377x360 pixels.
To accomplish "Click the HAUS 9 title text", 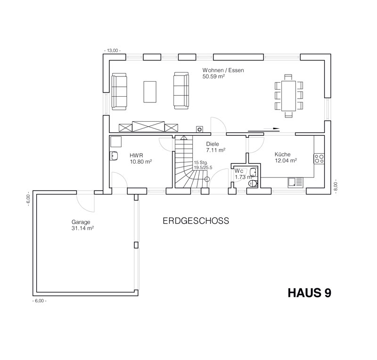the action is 310,293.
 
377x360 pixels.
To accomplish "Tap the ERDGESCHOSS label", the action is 196,221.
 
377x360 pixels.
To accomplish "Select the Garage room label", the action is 81,222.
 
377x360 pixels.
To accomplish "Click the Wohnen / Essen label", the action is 223,70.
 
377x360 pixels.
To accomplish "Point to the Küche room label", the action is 282,154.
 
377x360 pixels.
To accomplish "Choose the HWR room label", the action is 136,156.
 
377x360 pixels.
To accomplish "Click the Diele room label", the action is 213,144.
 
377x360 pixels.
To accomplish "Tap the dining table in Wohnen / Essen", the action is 288,96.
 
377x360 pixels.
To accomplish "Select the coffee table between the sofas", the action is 150,92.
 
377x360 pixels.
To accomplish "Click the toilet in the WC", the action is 253,184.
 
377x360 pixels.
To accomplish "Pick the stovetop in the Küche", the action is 319,159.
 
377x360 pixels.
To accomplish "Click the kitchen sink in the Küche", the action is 295,183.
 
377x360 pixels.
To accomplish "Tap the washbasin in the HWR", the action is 114,156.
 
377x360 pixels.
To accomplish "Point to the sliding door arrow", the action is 264,129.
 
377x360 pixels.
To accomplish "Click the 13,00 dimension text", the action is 113,50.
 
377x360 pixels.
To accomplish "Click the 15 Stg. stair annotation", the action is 201,162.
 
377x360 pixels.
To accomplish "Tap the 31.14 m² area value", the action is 82,228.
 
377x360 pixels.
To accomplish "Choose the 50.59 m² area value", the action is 213,76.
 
